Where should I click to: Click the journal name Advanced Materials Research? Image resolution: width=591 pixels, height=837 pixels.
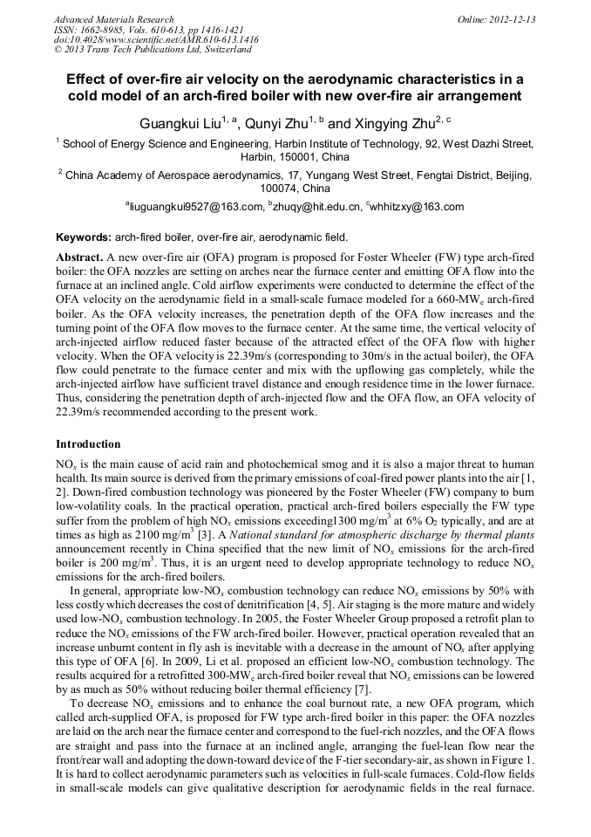point(113,19)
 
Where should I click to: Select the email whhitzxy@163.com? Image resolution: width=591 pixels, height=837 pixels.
point(418,208)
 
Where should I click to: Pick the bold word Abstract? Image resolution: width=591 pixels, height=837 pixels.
point(79,259)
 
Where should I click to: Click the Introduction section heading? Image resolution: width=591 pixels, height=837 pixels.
point(88,444)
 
